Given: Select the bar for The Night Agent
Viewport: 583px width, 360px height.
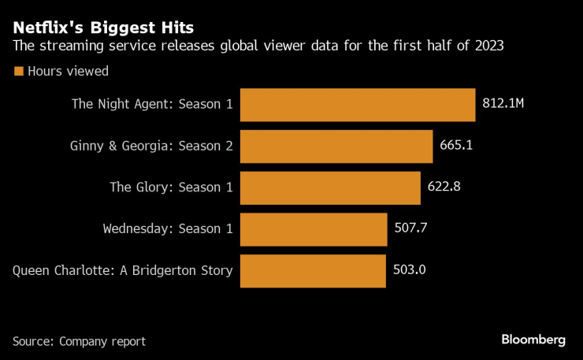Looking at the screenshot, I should pyautogui.click(x=357, y=105).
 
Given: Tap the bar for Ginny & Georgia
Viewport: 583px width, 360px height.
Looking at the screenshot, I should pyautogui.click(x=336, y=147).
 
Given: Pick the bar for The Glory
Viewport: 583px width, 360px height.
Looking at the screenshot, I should pyautogui.click(x=329, y=187).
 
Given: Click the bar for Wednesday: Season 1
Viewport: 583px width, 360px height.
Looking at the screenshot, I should pyautogui.click(x=314, y=229).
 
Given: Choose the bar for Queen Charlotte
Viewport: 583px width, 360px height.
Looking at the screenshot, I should pyautogui.click(x=313, y=271).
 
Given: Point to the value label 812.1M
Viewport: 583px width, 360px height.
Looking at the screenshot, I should pyautogui.click(x=503, y=105).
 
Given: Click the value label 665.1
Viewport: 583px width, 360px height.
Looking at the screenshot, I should pyautogui.click(x=456, y=147).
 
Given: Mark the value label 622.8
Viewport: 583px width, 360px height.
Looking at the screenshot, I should pyautogui.click(x=444, y=187).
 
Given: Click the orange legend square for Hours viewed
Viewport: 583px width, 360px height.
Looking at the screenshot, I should pyautogui.click(x=18, y=71).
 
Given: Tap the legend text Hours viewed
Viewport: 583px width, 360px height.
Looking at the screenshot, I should pyautogui.click(x=68, y=71).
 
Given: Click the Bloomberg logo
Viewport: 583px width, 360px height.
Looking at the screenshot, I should pyautogui.click(x=533, y=340).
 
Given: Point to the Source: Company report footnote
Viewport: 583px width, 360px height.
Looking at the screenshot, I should pyautogui.click(x=79, y=341).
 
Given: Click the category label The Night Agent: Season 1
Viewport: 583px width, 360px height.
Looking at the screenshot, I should pyautogui.click(x=152, y=104).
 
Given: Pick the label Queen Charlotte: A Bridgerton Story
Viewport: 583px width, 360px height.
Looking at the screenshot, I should pyautogui.click(x=123, y=271).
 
